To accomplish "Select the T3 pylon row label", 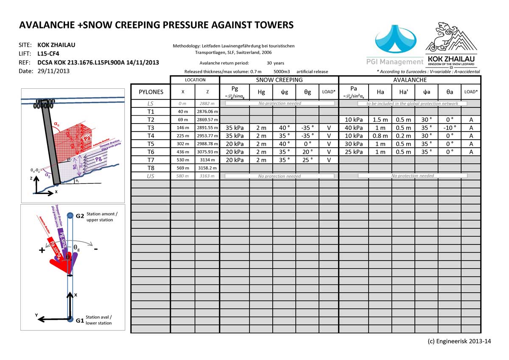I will (151, 127).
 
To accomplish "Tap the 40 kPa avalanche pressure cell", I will (354, 127).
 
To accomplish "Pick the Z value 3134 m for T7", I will (207, 160).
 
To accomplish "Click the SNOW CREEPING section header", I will (279, 80).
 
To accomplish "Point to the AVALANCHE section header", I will (410, 80).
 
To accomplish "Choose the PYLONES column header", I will (151, 92).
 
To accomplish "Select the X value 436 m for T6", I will (183, 152).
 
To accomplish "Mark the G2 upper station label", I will (80, 216).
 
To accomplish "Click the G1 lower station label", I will (80, 321).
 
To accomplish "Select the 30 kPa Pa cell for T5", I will (354, 143).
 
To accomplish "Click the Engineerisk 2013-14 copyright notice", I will (459, 341).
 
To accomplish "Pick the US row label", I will (151, 176).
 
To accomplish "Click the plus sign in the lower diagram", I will (42, 250).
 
